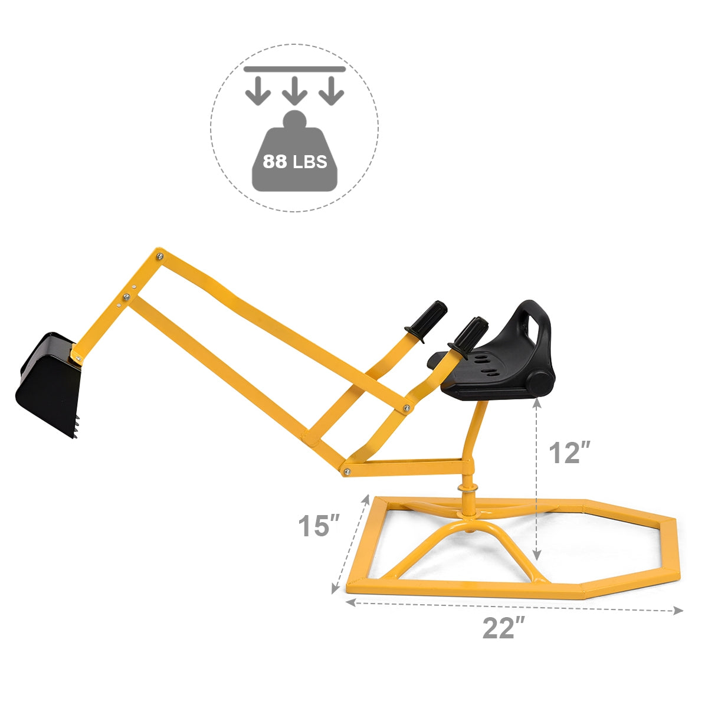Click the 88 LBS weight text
click(x=294, y=161)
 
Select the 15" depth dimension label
click(x=318, y=526)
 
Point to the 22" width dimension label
click(x=503, y=628)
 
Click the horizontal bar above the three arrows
click(x=294, y=69)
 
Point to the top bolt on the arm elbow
click(x=159, y=255)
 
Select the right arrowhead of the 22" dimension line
click(x=679, y=611)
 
